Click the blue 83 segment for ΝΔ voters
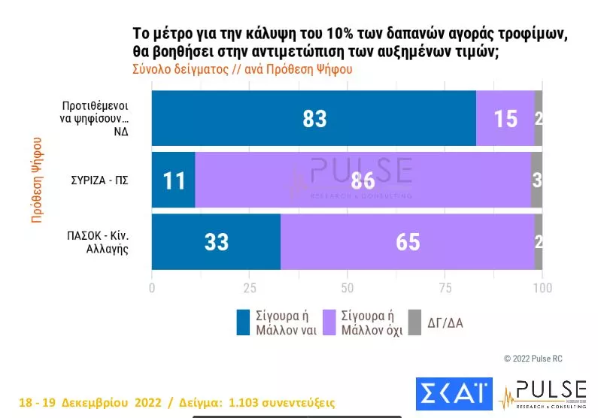click(314, 118)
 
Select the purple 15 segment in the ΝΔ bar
click(505, 118)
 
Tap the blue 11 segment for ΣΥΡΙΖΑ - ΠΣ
click(173, 180)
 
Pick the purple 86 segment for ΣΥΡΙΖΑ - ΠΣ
click(363, 180)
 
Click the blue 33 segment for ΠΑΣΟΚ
click(216, 241)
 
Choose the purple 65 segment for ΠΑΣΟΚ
click(407, 241)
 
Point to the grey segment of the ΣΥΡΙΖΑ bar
click(536, 180)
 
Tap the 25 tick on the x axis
click(250, 288)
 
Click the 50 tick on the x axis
click(348, 288)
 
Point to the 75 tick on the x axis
click(445, 288)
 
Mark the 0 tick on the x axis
click(153, 288)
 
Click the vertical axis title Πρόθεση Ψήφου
click(36, 179)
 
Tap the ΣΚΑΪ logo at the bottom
click(454, 393)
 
